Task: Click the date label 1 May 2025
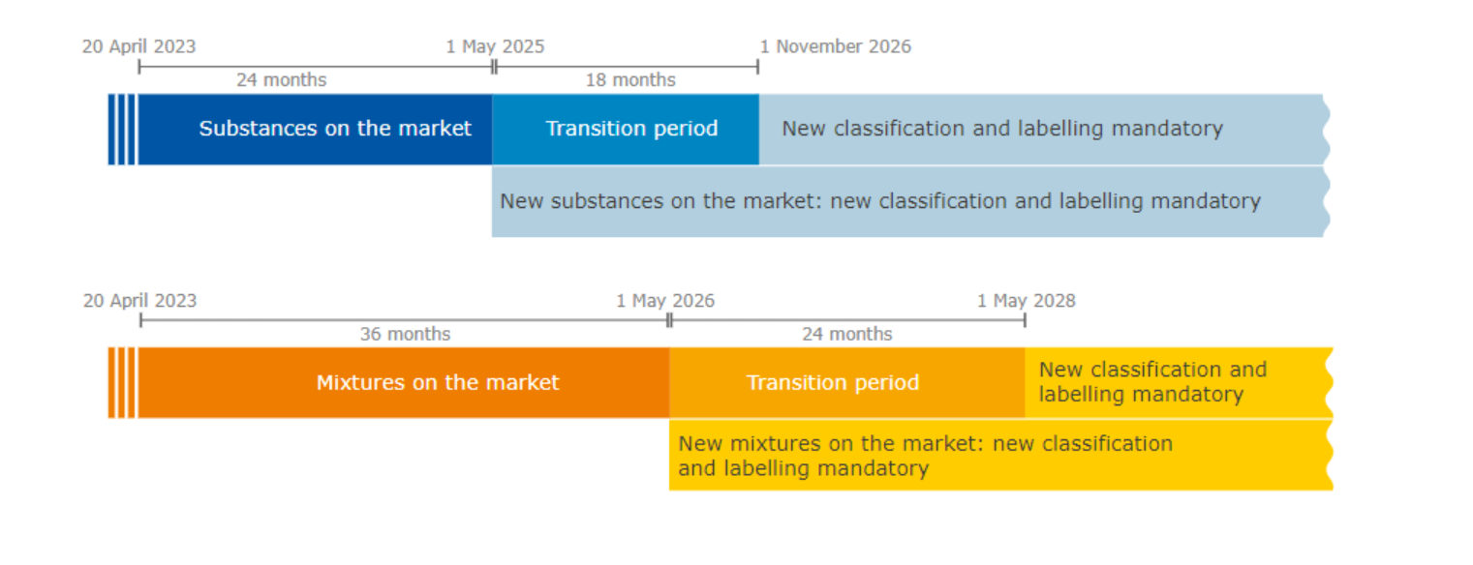point(495,46)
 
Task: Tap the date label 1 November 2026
point(835,46)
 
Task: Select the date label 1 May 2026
point(665,301)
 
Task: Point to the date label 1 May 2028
point(1026,301)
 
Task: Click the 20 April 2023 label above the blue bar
point(138,46)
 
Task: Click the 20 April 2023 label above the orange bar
point(139,301)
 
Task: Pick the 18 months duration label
point(630,80)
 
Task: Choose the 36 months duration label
point(405,335)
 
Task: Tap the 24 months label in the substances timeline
point(281,80)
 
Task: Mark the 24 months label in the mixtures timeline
point(846,335)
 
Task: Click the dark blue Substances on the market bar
point(334,129)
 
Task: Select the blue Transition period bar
point(631,129)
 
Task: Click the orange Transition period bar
point(832,382)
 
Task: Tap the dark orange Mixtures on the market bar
point(438,382)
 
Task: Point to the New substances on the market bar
point(879,201)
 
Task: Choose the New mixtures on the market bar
point(925,456)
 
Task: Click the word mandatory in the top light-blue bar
point(1172,129)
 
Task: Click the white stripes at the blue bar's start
point(122,129)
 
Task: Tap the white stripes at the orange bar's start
point(122,382)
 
